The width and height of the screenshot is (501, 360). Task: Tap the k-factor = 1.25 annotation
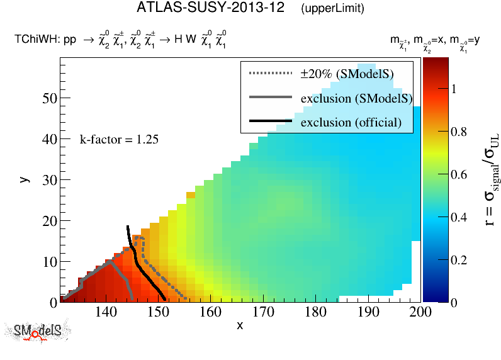pyautogui.click(x=118, y=139)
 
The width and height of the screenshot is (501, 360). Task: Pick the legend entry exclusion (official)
pyautogui.click(x=351, y=122)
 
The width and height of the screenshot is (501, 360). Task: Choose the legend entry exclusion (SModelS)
pyautogui.click(x=356, y=98)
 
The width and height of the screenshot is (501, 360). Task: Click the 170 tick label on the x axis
pyautogui.click(x=262, y=311)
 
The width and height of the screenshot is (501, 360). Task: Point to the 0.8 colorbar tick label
pyautogui.click(x=461, y=132)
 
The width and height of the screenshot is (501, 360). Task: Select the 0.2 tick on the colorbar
pyautogui.click(x=461, y=259)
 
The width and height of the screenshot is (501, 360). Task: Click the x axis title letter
pyautogui.click(x=240, y=325)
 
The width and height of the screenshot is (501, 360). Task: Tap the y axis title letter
pyautogui.click(x=24, y=179)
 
